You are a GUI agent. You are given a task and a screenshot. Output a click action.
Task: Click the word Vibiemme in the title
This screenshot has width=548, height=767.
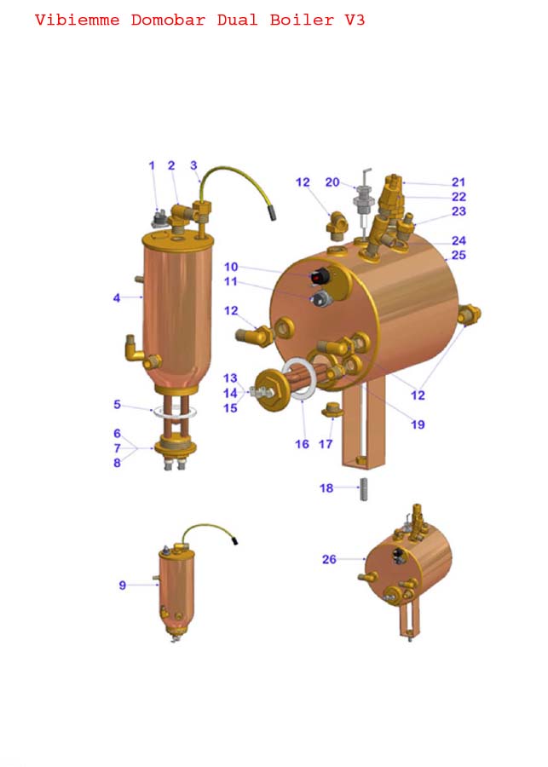78,20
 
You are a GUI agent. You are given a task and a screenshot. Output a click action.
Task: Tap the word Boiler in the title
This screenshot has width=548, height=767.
302,20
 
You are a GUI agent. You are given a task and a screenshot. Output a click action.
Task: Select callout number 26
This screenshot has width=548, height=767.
329,559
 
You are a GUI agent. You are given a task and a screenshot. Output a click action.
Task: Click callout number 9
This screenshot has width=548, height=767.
123,585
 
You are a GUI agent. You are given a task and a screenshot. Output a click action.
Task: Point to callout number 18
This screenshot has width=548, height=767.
326,487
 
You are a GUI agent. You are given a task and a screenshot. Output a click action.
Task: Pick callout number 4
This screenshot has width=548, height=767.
117,297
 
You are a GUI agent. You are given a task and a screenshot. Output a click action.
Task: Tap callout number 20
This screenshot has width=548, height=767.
332,182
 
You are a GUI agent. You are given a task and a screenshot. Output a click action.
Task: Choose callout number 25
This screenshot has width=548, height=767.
459,255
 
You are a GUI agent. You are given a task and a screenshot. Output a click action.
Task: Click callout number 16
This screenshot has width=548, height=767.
302,444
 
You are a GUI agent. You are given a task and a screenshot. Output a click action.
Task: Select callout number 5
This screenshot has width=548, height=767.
117,405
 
